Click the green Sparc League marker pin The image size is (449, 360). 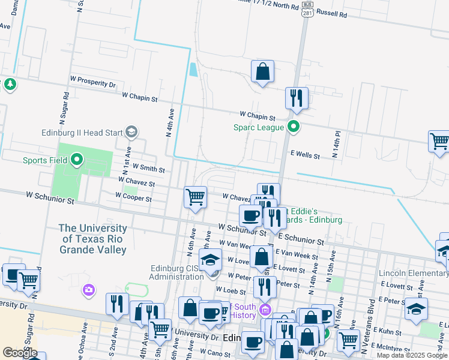[x=294, y=127]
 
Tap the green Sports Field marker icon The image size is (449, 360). [x=76, y=160]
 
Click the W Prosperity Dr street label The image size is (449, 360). [x=93, y=82]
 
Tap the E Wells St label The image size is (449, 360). [x=305, y=155]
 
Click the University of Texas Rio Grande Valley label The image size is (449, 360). [x=93, y=239]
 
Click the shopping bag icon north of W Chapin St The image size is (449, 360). [x=262, y=71]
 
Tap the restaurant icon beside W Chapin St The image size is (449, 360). [x=296, y=98]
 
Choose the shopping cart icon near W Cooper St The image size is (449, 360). [x=195, y=196]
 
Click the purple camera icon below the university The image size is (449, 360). [x=89, y=290]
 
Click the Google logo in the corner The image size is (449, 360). [x=20, y=353]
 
